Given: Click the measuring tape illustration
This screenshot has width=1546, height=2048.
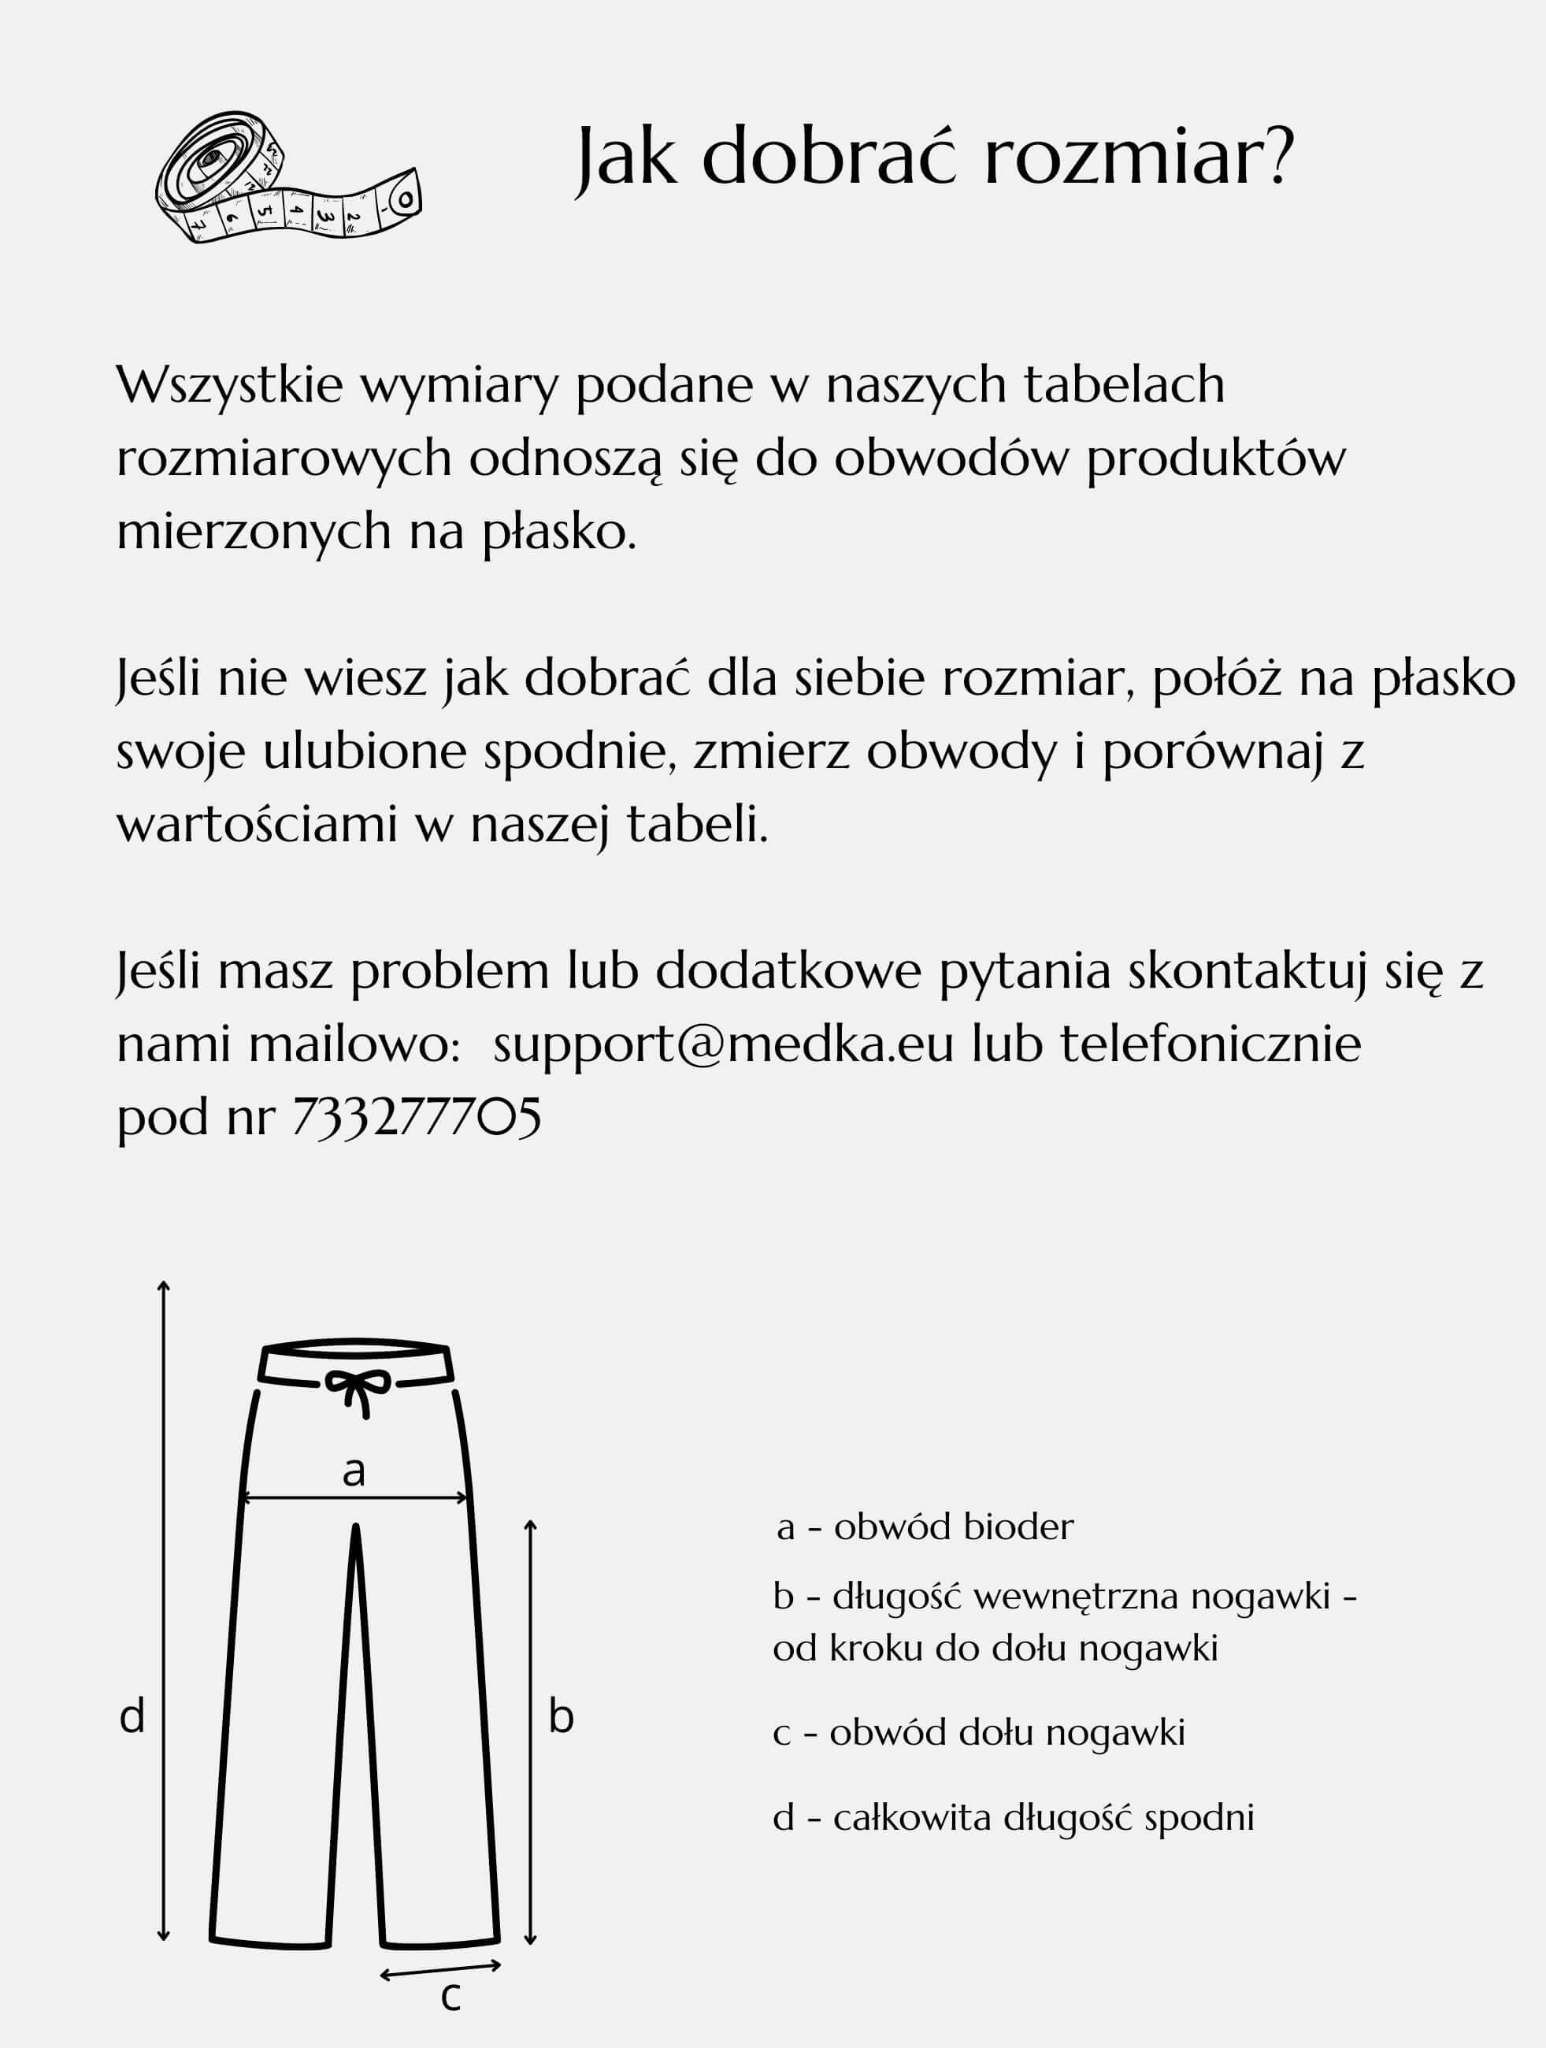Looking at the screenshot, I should pyautogui.click(x=287, y=179).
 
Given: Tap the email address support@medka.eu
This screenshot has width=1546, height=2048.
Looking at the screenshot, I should pyautogui.click(x=723, y=1044).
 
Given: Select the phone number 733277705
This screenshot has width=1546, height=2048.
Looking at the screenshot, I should pyautogui.click(x=417, y=1118).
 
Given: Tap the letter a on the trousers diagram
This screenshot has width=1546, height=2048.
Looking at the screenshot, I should pyautogui.click(x=354, y=1471).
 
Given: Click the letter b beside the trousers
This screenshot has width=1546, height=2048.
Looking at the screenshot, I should pyautogui.click(x=561, y=1716).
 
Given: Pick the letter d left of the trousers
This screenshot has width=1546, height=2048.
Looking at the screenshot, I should pyautogui.click(x=132, y=1716).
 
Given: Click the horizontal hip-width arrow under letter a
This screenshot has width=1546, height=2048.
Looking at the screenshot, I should pyautogui.click(x=354, y=1497).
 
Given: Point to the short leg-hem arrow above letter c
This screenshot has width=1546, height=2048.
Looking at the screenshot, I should pyautogui.click(x=441, y=1969).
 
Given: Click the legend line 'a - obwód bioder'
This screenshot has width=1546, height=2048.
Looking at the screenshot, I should pyautogui.click(x=925, y=1527).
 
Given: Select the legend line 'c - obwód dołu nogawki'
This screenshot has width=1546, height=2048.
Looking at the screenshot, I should pyautogui.click(x=978, y=1732).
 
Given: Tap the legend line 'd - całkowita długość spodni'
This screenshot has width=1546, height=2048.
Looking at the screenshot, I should pyautogui.click(x=1013, y=1817).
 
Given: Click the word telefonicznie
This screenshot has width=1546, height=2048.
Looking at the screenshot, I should pyautogui.click(x=1210, y=1044).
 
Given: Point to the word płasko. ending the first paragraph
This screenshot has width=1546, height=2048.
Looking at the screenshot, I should pyautogui.click(x=559, y=532).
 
